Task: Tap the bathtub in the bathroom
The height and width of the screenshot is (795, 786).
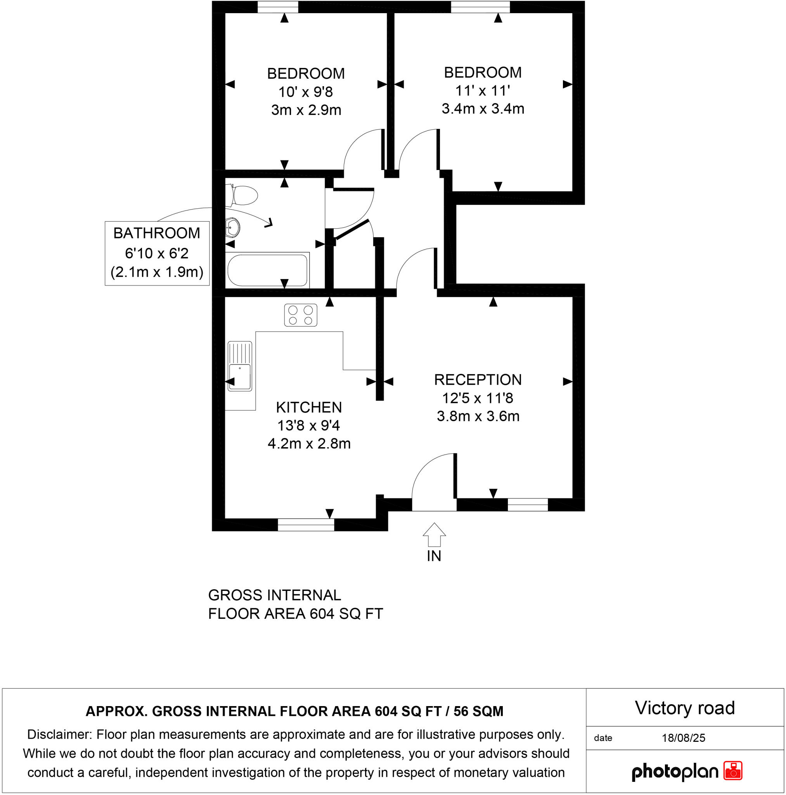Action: (x=267, y=270)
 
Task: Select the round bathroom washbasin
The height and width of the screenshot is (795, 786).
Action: (x=233, y=227)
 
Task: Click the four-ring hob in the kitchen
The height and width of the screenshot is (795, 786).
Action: (x=300, y=315)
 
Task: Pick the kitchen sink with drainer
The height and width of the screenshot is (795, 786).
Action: (x=239, y=366)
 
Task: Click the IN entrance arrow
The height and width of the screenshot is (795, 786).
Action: (x=434, y=535)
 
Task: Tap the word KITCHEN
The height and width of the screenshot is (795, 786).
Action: (x=308, y=407)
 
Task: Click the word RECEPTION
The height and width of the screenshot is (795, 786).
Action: (x=478, y=379)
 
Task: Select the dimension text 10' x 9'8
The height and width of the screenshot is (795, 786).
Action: (x=305, y=92)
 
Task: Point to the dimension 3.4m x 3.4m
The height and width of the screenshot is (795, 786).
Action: (x=483, y=109)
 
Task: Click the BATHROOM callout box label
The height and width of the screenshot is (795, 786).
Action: (x=157, y=233)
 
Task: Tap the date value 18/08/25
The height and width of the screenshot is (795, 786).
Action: (x=683, y=738)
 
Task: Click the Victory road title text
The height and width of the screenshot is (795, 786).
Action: (x=684, y=708)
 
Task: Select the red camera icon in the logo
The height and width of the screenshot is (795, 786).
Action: (x=732, y=770)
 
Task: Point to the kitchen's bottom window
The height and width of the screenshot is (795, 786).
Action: (x=306, y=525)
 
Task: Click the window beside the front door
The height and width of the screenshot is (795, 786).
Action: (x=527, y=505)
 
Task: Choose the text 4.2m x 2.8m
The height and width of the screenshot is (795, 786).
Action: (x=309, y=444)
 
